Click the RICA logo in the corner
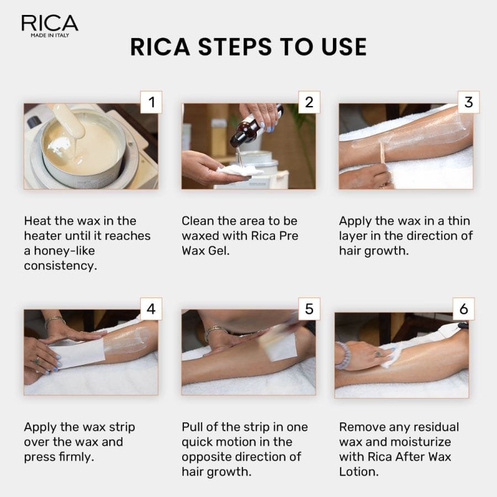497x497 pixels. click(x=50, y=23)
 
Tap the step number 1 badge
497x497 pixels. click(x=151, y=102)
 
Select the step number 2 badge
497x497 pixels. click(x=309, y=102)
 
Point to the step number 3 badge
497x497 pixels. click(x=468, y=102)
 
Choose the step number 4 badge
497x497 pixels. click(x=151, y=309)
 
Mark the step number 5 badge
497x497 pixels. click(x=309, y=309)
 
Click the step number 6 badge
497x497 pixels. click(x=464, y=309)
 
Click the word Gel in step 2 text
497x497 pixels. click(x=236, y=250)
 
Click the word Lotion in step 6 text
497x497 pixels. click(x=358, y=472)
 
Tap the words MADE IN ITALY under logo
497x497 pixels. click(x=50, y=35)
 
